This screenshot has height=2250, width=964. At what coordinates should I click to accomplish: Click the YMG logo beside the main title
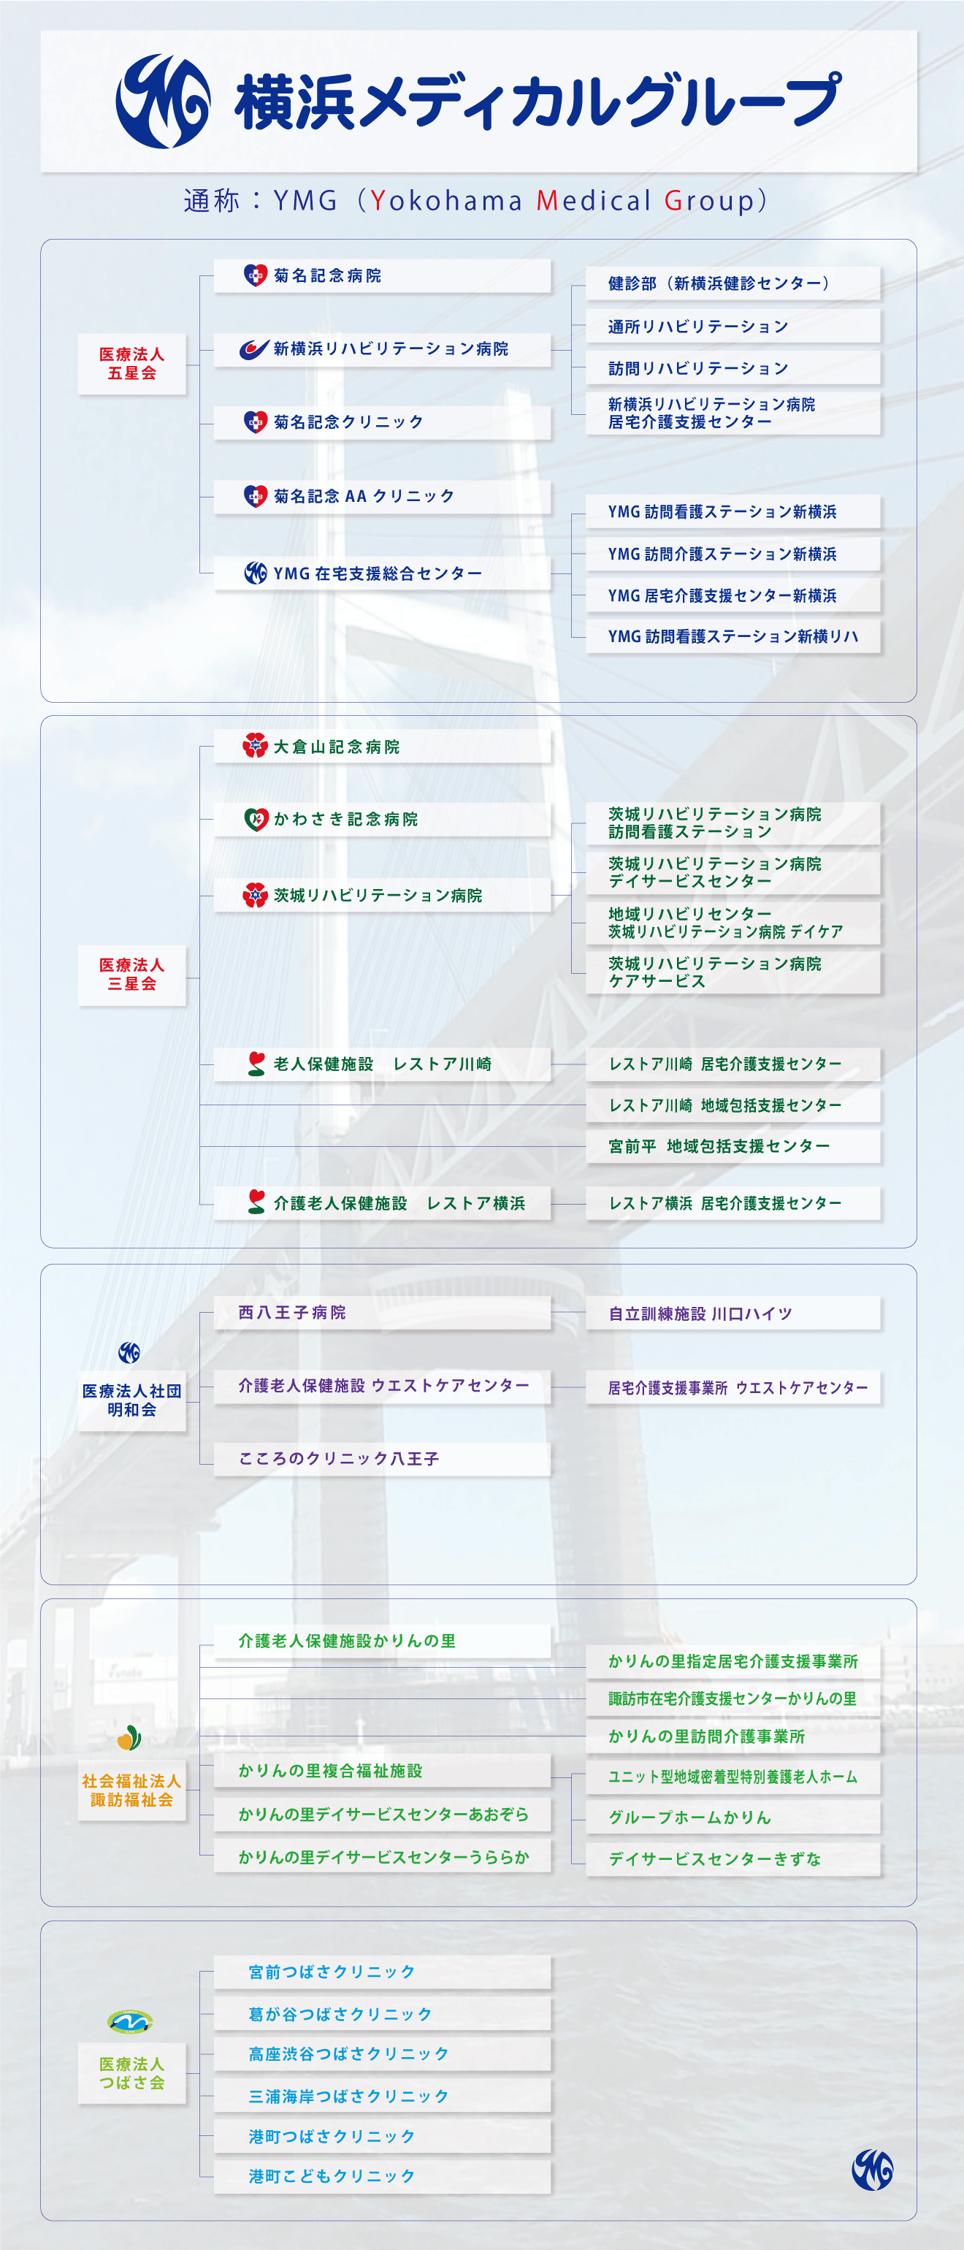pos(164,102)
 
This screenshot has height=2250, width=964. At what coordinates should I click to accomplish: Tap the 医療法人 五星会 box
pos(132,363)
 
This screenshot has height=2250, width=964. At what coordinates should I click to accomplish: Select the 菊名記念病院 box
pos(383,276)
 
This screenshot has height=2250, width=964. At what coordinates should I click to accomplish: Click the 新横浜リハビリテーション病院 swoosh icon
pos(254,349)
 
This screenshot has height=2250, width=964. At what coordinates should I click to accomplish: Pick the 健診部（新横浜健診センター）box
pos(732,283)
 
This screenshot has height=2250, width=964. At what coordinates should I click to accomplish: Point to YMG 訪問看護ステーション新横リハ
pos(732,637)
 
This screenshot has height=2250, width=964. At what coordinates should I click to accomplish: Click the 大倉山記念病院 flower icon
pos(255,746)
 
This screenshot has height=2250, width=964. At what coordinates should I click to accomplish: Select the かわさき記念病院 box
pos(383,820)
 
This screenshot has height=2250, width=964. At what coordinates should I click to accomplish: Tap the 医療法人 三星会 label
pos(132,974)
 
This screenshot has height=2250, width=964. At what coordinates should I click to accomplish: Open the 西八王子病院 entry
pos(383,1313)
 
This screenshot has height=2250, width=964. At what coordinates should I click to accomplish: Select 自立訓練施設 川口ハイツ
pos(732,1313)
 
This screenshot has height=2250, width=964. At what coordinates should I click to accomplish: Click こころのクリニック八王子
pos(383,1459)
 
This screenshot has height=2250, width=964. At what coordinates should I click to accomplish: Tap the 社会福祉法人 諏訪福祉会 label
pos(132,1790)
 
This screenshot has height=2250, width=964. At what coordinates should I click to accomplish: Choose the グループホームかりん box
pos(732,1817)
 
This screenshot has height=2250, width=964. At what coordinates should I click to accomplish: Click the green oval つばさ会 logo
pos(130,2021)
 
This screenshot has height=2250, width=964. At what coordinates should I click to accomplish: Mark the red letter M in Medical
pos(546,201)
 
